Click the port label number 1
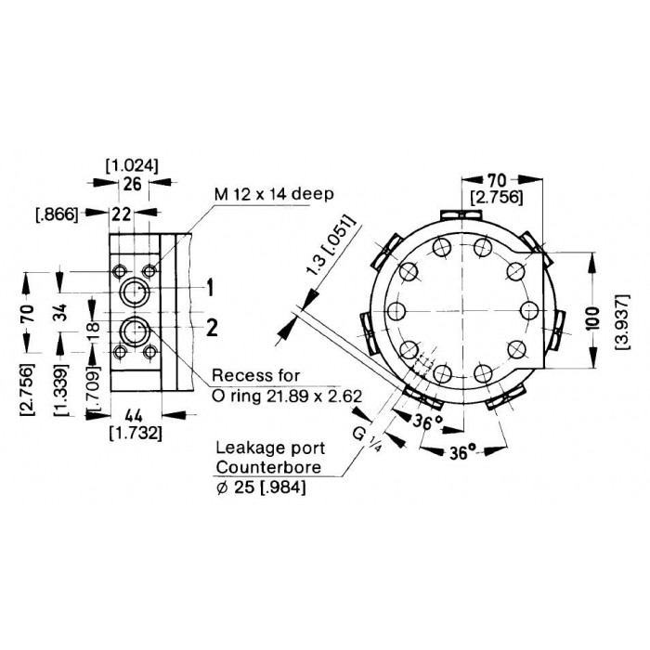(211, 288)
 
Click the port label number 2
(212, 328)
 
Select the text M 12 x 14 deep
(274, 194)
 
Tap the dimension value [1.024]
(132, 166)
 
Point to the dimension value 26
(133, 184)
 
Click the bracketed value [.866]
(58, 214)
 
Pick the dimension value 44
(134, 415)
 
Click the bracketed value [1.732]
(136, 434)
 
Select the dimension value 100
(593, 318)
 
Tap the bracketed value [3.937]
(623, 321)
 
